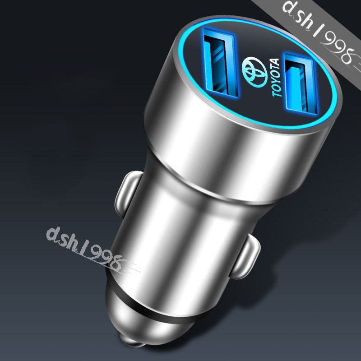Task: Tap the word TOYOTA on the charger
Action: coord(276,78)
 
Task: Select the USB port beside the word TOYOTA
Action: coord(301,84)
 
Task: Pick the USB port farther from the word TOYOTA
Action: coord(220,62)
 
